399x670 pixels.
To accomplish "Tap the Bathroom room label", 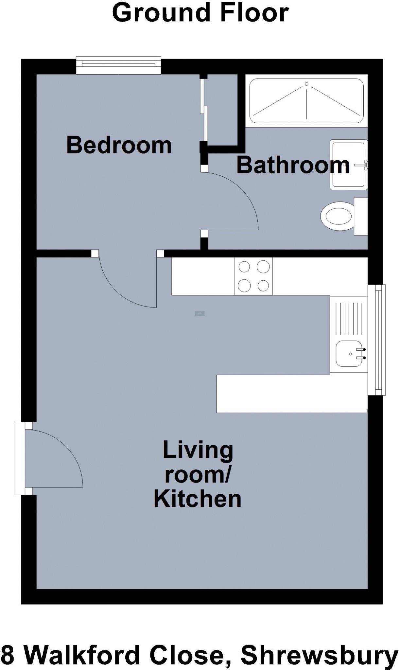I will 293,165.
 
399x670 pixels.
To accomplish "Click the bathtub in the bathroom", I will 306,101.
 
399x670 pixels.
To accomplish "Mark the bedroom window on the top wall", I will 118,65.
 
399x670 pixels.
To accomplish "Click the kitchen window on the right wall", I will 377,340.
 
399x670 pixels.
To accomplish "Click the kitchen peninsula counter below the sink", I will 291,394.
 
